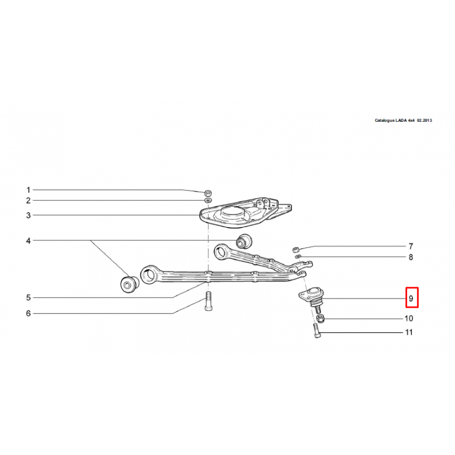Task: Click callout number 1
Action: (x=28, y=190)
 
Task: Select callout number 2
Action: (x=28, y=201)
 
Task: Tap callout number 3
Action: (x=28, y=216)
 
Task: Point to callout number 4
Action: (x=28, y=241)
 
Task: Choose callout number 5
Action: (x=28, y=297)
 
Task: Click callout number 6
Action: (x=28, y=313)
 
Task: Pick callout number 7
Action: (x=411, y=246)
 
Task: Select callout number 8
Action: (x=411, y=257)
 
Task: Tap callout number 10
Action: (x=409, y=318)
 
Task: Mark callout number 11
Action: (x=409, y=332)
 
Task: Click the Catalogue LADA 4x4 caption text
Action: (x=403, y=120)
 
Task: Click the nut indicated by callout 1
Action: (x=208, y=192)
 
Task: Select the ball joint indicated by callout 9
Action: (x=312, y=297)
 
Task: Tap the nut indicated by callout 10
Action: (x=320, y=318)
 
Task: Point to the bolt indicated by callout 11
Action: (x=317, y=331)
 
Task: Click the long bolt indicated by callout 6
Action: (x=208, y=301)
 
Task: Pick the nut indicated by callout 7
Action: (x=296, y=249)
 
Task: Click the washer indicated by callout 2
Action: (x=208, y=200)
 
